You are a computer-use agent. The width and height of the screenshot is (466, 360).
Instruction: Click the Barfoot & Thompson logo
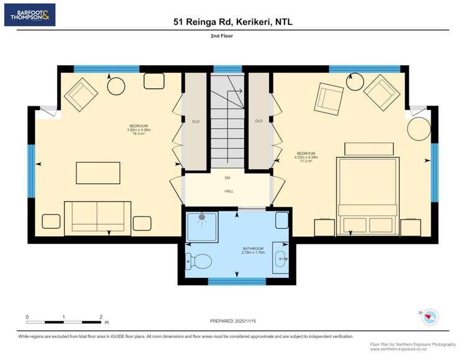click(x=29, y=15)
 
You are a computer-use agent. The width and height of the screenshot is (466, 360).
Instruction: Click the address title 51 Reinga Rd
click(x=232, y=22)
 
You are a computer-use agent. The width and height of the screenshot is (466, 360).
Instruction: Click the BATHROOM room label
click(x=254, y=249)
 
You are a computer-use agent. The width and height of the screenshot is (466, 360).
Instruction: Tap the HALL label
click(x=229, y=191)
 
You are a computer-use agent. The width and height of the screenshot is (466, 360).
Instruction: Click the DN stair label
click(x=228, y=178)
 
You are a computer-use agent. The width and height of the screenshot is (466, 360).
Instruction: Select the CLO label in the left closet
click(x=196, y=121)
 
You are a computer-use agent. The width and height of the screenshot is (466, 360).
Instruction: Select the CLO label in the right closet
click(x=258, y=121)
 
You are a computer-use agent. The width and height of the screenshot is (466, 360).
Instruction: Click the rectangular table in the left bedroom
click(x=98, y=172)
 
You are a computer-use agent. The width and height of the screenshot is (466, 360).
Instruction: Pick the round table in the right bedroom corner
click(x=418, y=130)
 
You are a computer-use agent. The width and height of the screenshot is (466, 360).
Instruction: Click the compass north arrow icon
click(x=429, y=316)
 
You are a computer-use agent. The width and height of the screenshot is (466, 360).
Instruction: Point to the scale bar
click(x=64, y=321)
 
